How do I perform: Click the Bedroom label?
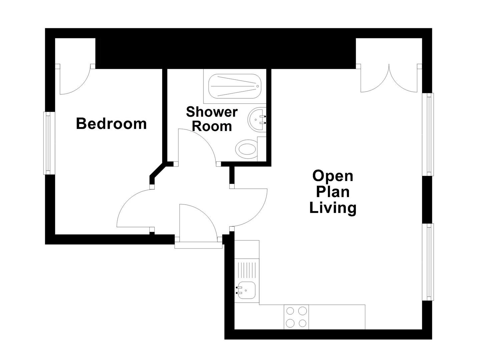[x=111, y=124]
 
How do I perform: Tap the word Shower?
[x=211, y=112]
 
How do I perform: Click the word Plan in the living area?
[x=333, y=192]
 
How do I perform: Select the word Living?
[x=333, y=208]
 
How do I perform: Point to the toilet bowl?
[x=247, y=149]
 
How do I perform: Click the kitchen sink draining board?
[x=247, y=270]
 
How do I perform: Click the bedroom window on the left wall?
[x=48, y=143]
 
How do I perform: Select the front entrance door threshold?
[x=198, y=245]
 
